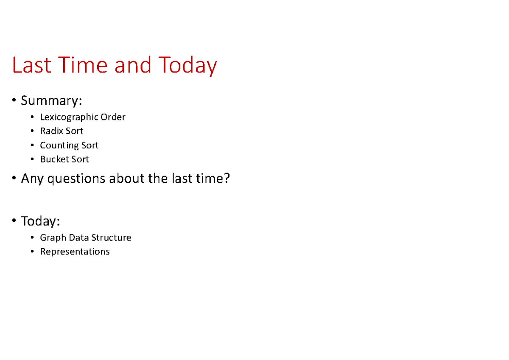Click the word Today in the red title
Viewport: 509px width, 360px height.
point(188,66)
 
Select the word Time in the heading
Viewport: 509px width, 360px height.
point(78,66)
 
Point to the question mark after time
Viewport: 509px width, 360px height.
point(227,179)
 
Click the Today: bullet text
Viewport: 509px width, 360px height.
point(41,221)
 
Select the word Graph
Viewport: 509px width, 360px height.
point(51,238)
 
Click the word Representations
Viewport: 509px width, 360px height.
point(75,252)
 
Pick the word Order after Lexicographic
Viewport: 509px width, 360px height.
point(113,117)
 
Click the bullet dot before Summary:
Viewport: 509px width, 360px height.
point(15,101)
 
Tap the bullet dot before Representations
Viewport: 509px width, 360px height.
point(32,252)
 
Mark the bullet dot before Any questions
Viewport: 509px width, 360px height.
point(15,179)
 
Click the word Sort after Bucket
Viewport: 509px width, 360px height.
point(80,159)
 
